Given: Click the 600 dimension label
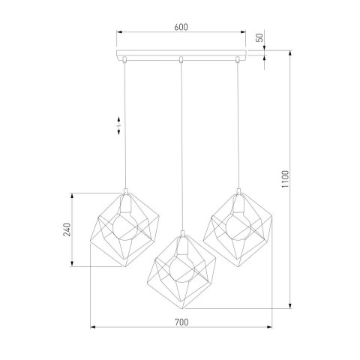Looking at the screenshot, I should point(181,27).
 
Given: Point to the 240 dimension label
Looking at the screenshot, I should point(67,229).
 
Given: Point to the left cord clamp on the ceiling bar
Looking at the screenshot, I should point(125,58).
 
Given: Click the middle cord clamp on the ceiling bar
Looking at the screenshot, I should point(181,58).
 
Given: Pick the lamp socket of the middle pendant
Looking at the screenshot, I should point(181,244).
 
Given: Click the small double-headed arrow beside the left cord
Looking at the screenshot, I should point(118,125).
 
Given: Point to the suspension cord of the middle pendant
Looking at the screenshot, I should point(181,150).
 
